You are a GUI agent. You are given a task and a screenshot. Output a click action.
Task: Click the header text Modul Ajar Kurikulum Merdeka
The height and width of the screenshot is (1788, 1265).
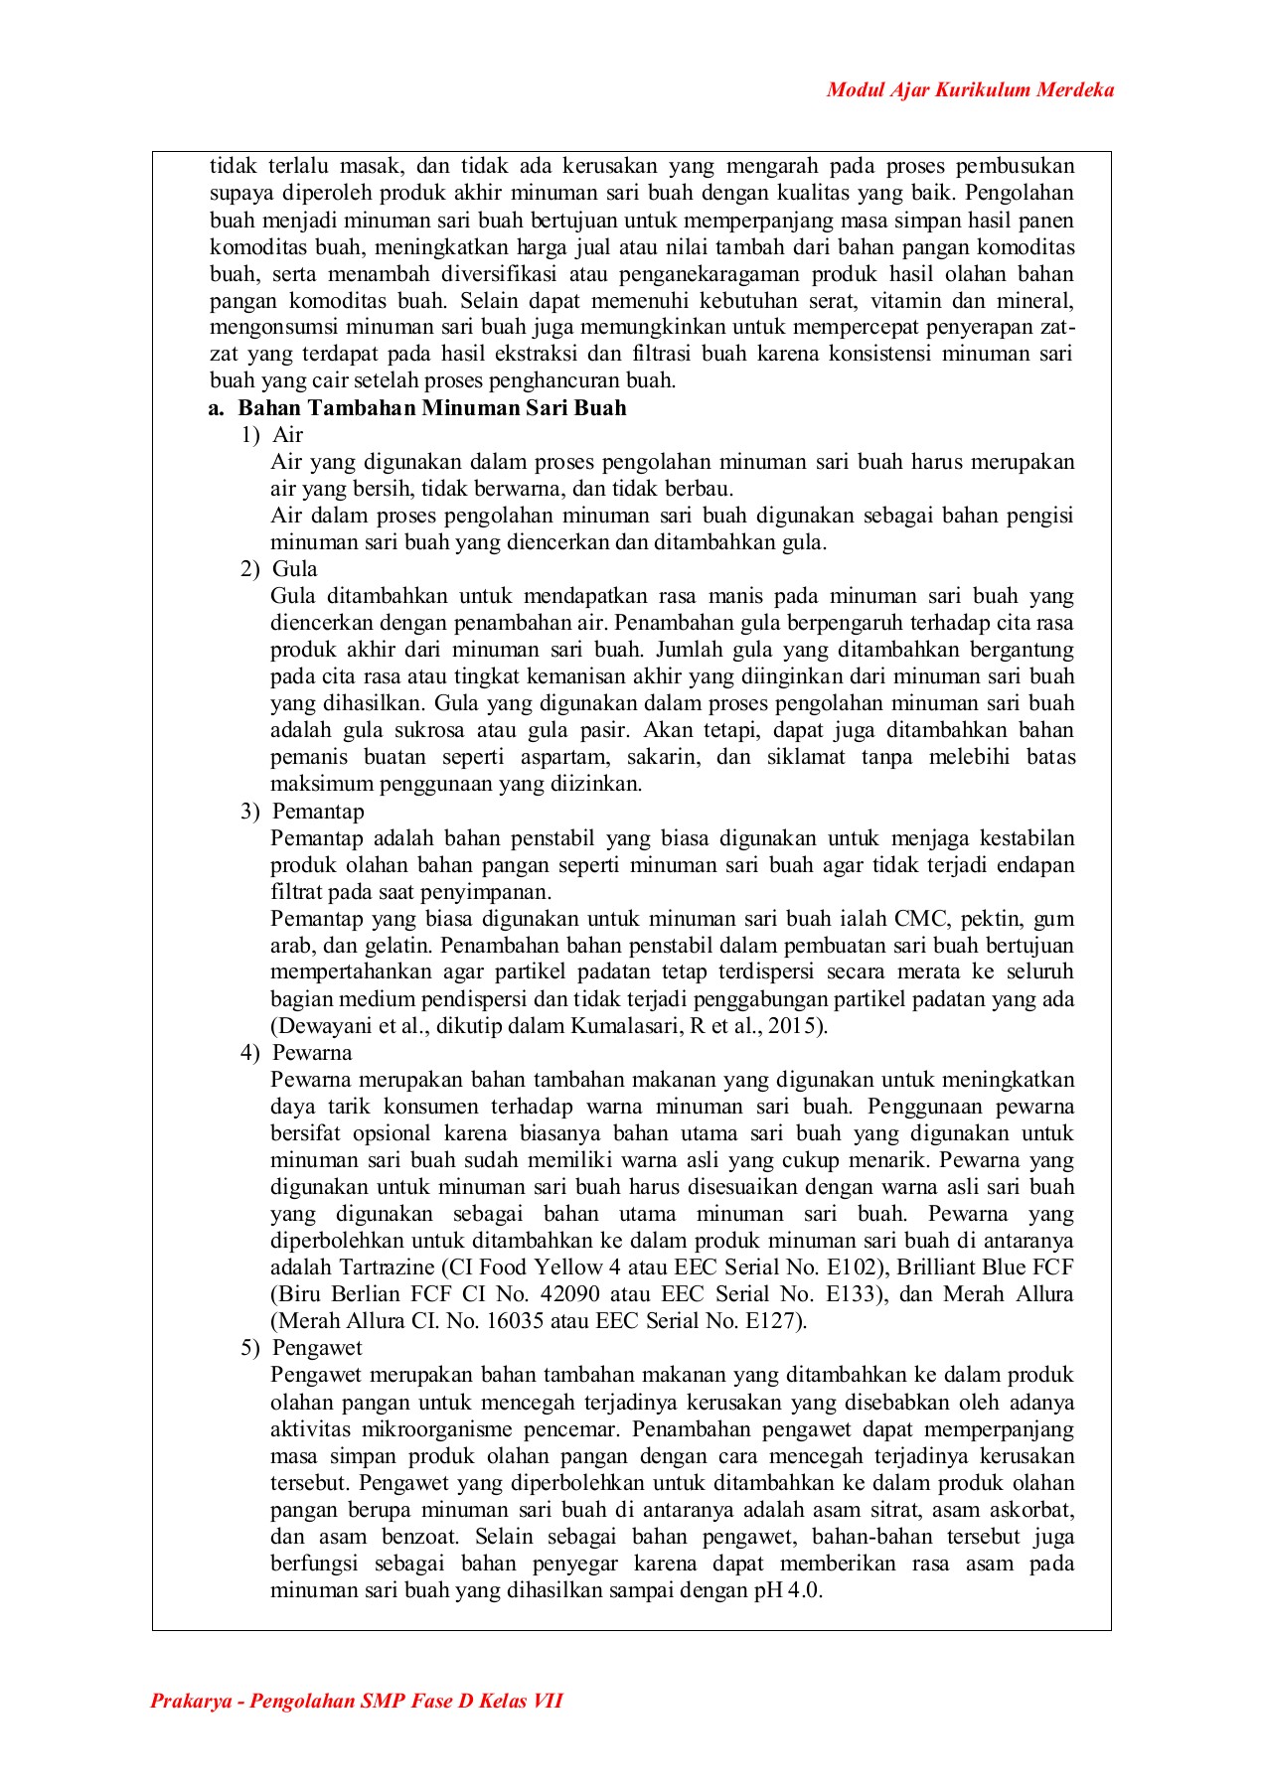(970, 90)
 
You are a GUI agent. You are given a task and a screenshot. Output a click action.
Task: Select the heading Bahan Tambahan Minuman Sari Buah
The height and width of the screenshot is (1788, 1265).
(431, 408)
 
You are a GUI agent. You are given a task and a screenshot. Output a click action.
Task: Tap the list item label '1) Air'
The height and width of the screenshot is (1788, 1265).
(272, 435)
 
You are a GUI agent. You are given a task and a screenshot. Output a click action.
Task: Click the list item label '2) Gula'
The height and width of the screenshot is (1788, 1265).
(279, 569)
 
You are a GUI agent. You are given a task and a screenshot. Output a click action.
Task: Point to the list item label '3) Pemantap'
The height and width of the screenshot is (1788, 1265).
(302, 812)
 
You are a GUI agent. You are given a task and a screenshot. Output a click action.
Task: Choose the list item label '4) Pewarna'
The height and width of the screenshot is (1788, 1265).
(296, 1053)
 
